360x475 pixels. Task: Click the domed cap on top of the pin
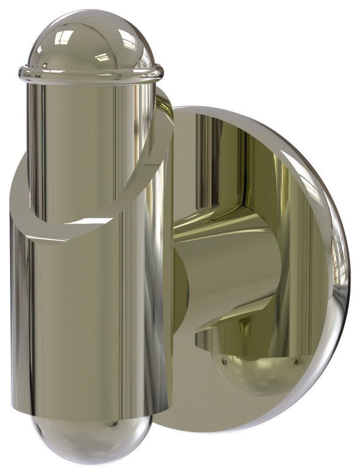(91, 41)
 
